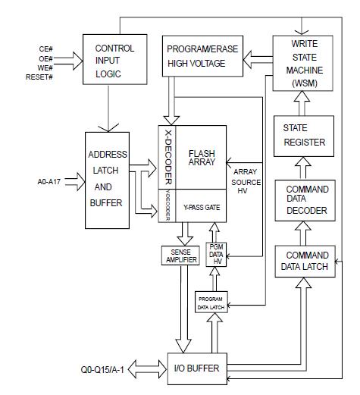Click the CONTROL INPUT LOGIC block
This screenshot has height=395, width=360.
(114, 60)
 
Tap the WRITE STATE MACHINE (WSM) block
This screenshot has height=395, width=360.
(301, 61)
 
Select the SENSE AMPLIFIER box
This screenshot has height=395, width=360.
(179, 255)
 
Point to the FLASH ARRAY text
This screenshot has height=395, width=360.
(202, 158)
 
